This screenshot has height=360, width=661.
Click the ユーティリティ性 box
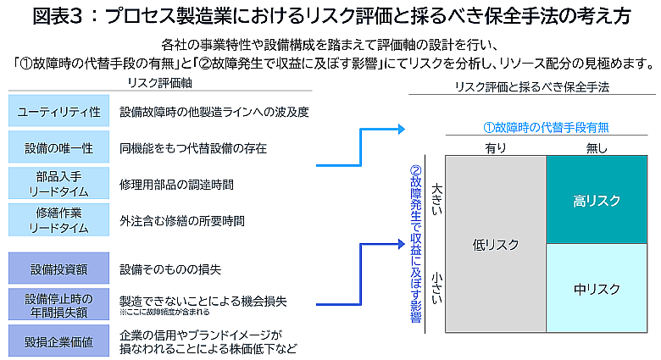(58, 111)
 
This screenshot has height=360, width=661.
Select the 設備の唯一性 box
(58, 147)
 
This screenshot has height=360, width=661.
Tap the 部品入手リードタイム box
(58, 184)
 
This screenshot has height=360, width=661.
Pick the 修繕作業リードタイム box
(58, 220)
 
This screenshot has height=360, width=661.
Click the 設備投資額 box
(58, 269)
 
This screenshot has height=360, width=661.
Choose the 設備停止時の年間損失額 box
(58, 305)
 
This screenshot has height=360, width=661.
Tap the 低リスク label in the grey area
(495, 245)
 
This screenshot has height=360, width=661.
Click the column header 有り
(495, 148)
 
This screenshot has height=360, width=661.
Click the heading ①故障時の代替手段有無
(546, 128)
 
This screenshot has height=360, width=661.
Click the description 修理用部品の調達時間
(176, 184)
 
